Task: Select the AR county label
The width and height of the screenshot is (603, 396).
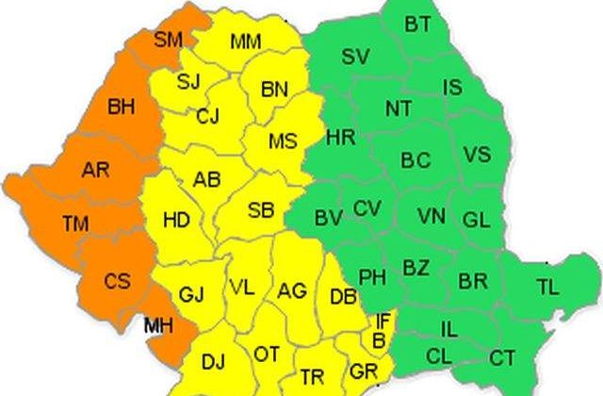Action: point(95,171)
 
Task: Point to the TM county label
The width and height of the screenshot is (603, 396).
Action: point(75,223)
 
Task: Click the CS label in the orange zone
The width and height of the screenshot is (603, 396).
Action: point(118,281)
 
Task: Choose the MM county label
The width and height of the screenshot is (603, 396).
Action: point(245,41)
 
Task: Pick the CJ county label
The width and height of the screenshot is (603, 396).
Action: point(208,118)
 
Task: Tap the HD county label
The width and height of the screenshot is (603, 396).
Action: point(175,221)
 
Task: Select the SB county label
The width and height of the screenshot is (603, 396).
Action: point(260,210)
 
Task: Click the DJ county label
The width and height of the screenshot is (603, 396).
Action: point(213,360)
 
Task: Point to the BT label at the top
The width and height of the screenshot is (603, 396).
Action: point(417,24)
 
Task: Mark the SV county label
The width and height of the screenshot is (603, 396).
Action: point(355,57)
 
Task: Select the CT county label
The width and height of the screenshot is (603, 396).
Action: point(502,357)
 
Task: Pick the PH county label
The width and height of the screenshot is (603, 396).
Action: point(372,278)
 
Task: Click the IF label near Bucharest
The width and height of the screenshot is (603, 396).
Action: point(383,322)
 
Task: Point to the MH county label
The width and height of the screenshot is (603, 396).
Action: point(157,326)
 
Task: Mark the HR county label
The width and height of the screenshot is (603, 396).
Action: point(339,139)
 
